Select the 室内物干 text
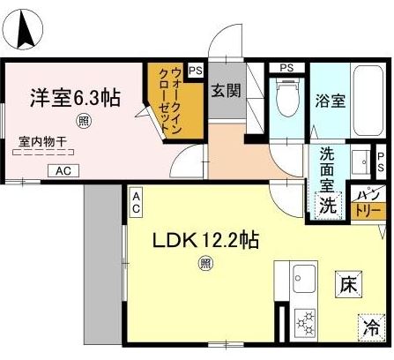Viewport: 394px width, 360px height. (x=48, y=140)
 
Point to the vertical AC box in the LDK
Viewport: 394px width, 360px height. (x=137, y=205)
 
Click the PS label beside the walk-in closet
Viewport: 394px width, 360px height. (x=195, y=70)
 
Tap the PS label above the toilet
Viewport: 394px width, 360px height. (x=286, y=68)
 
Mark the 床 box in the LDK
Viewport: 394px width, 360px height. (x=346, y=285)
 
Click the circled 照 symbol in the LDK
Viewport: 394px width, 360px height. (x=204, y=262)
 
